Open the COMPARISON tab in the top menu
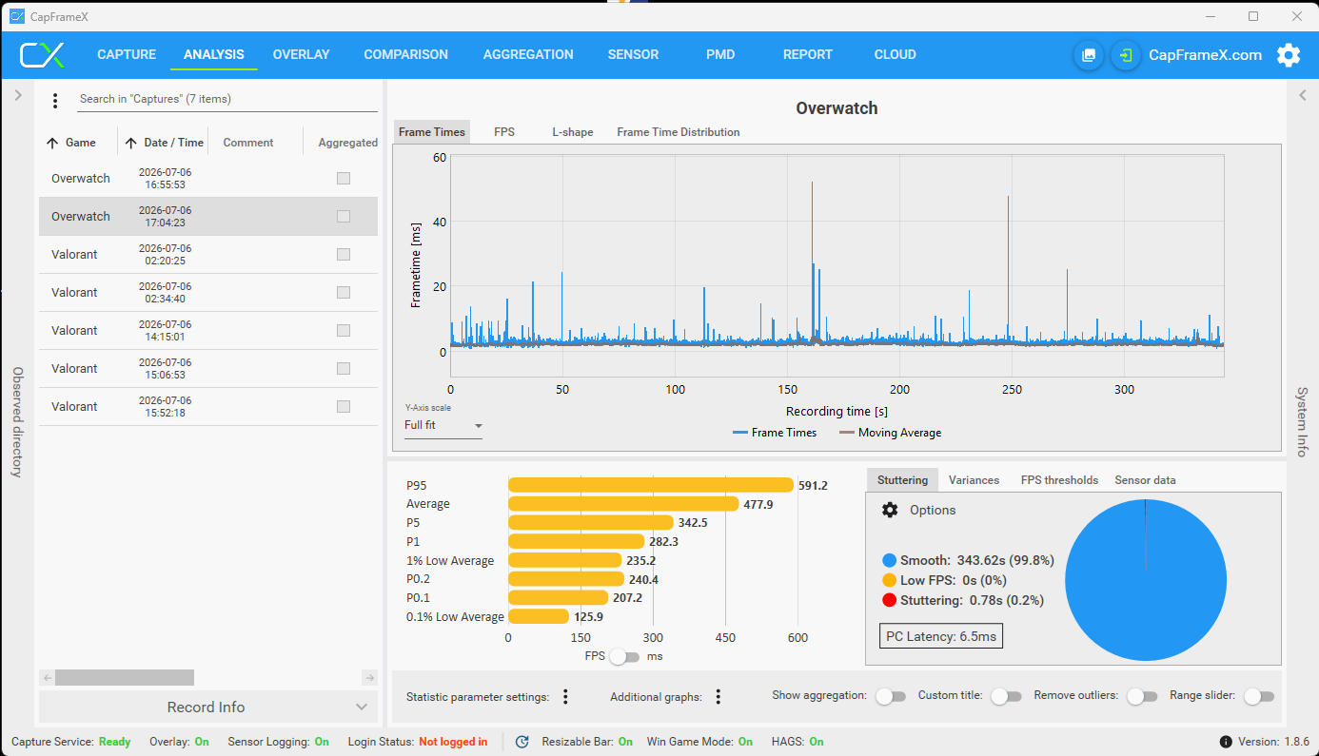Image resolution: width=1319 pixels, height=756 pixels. click(x=405, y=55)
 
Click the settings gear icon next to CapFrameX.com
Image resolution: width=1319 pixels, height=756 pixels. click(x=1288, y=55)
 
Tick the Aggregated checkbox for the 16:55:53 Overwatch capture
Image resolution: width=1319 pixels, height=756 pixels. click(x=344, y=178)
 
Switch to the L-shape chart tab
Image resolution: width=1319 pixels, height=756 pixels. click(x=572, y=132)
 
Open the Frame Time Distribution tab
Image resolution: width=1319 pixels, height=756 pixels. click(x=678, y=132)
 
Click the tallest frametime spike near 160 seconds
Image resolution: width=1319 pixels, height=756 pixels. click(x=812, y=183)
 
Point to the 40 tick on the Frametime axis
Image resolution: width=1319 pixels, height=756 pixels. click(x=440, y=222)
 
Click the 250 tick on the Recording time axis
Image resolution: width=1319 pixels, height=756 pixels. click(x=1012, y=390)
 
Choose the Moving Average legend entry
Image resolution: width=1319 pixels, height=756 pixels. click(x=891, y=433)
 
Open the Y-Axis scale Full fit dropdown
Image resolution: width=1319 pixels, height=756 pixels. click(x=443, y=425)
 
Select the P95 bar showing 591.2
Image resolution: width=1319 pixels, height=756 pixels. click(x=651, y=485)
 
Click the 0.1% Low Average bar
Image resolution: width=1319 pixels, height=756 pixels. click(x=539, y=616)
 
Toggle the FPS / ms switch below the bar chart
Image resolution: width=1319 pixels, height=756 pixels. click(x=624, y=656)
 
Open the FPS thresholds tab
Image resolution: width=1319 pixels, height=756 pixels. click(x=1059, y=480)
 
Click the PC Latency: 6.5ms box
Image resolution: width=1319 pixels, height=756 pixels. click(x=940, y=636)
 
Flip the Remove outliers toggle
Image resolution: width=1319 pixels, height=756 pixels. click(x=1142, y=697)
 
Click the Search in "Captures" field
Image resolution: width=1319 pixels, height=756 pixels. click(x=227, y=99)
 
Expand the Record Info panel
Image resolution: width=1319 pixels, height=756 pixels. click(x=207, y=707)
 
